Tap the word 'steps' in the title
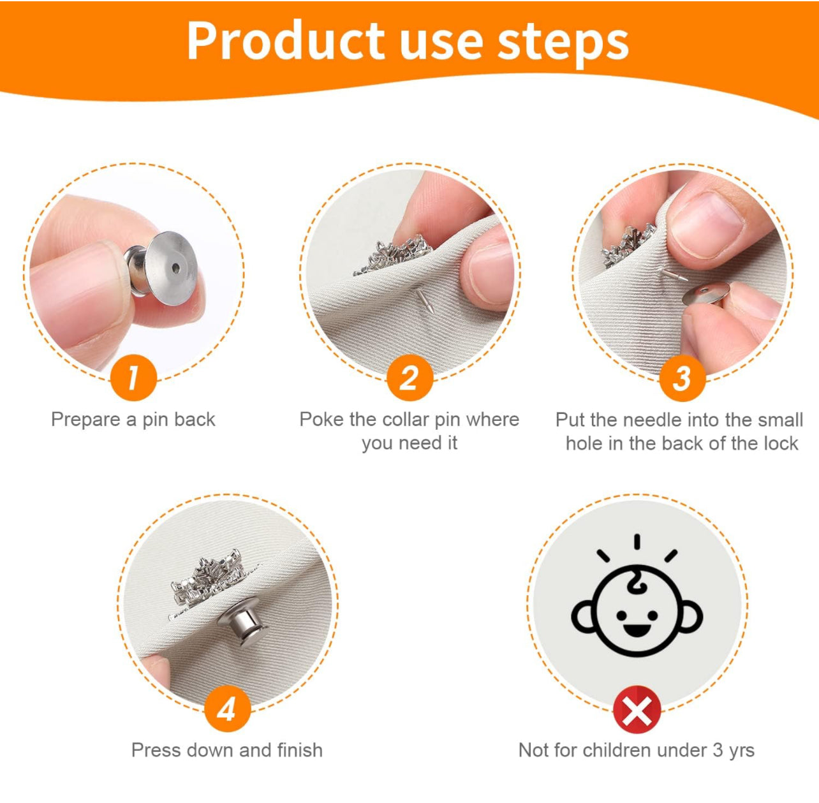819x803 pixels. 563,44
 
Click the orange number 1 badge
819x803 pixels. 133,378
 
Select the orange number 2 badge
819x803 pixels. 409,378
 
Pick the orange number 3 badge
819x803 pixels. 682,378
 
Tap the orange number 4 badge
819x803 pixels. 227,708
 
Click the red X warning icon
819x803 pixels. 636,709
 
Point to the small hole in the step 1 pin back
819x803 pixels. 175,268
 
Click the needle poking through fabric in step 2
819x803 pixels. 424,300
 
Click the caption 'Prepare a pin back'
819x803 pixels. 133,420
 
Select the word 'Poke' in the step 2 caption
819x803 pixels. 322,419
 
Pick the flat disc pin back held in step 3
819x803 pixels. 705,294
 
